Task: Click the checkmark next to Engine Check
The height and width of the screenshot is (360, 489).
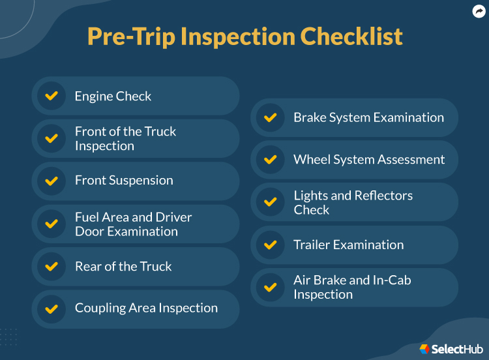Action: [x=51, y=96]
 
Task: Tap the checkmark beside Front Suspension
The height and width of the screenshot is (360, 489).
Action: [x=51, y=181]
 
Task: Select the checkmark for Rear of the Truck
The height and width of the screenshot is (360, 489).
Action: [x=51, y=266]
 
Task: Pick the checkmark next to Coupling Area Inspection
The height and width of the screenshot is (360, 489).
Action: [x=51, y=308]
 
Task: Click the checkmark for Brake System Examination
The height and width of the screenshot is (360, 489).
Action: [x=270, y=117]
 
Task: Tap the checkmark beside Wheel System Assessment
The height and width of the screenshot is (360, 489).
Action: [x=270, y=160]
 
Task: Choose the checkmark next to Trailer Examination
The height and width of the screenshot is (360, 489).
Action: [x=270, y=245]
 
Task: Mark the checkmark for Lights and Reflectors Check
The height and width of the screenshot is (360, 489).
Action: [x=270, y=202]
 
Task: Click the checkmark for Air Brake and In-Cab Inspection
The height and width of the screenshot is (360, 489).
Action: [x=270, y=287]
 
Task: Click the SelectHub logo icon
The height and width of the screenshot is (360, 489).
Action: [x=424, y=349]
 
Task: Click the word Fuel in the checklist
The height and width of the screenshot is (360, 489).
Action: [x=86, y=217]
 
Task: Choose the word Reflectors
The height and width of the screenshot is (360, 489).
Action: [x=383, y=196]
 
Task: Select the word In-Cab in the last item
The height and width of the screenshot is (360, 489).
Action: [x=390, y=280]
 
